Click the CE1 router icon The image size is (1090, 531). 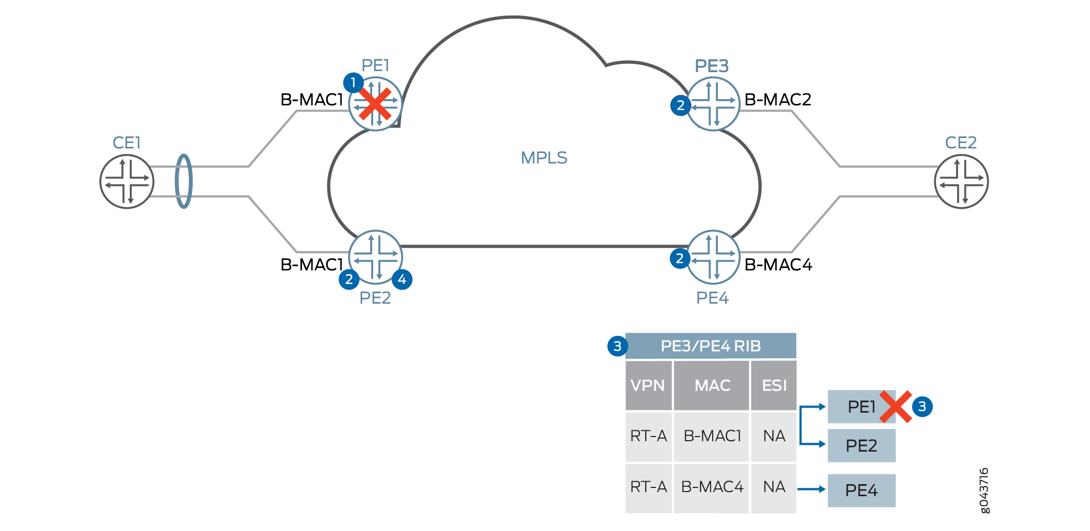127,182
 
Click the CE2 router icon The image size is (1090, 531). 961,182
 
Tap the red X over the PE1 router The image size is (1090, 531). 375,104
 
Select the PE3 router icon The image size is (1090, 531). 713,104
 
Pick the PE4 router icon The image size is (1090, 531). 713,257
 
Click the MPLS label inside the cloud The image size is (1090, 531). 544,158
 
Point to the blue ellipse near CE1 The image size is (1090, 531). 184,181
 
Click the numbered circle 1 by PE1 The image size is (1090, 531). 353,83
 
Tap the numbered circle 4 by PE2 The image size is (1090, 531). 402,279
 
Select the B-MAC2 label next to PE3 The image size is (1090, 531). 778,99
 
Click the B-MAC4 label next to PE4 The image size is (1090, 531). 778,265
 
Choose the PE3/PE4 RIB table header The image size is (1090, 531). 711,346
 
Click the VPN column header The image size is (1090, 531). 648,385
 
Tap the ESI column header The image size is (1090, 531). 774,385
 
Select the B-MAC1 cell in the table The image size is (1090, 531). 712,436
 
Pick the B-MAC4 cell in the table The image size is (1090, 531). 712,487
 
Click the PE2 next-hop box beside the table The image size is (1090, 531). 861,445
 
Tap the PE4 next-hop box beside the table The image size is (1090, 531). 861,490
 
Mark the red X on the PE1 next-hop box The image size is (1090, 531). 895,406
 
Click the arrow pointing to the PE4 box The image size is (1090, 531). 811,489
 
